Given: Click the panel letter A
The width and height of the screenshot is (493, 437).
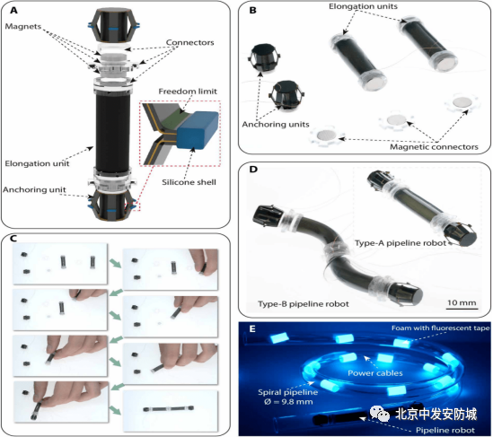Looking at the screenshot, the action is pos(13,11).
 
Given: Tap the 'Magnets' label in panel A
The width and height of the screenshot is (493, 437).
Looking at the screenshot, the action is pos(23,26).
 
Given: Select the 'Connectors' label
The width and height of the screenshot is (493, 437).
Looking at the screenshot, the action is pos(189,42).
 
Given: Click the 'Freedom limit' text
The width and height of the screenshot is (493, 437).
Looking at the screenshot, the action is pos(188,92).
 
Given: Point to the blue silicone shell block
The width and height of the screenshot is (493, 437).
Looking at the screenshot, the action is pos(198,129).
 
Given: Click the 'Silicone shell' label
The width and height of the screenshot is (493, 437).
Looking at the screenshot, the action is pos(189,182).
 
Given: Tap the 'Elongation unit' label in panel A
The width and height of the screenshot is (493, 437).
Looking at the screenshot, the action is pos(37,163).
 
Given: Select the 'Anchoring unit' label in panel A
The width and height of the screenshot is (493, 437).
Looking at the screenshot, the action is pos(34,189).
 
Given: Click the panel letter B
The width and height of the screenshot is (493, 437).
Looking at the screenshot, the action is pos(252,11).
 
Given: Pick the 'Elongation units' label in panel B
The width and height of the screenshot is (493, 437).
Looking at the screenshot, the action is pos(363,6).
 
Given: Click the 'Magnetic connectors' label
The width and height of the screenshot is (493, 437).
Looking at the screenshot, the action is pos(434,147).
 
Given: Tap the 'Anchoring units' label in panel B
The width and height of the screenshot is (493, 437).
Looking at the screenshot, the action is pos(276,125).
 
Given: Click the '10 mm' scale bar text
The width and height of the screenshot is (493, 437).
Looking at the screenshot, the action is pos(462,302).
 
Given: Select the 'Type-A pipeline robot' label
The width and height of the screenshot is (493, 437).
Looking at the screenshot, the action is pos(401,243).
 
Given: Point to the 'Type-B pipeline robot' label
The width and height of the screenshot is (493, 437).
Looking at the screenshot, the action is pos(304,304).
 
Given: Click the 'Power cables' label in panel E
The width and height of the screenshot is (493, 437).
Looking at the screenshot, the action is pos(375,373).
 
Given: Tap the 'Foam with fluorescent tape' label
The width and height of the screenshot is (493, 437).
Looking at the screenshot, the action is pos(441,328).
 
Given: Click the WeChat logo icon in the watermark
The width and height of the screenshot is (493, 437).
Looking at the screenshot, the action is pos(380,413).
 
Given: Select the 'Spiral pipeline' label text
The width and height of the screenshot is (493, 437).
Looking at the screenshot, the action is pos(287,392).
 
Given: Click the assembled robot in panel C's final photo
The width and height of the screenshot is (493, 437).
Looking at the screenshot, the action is pos(169,408).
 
